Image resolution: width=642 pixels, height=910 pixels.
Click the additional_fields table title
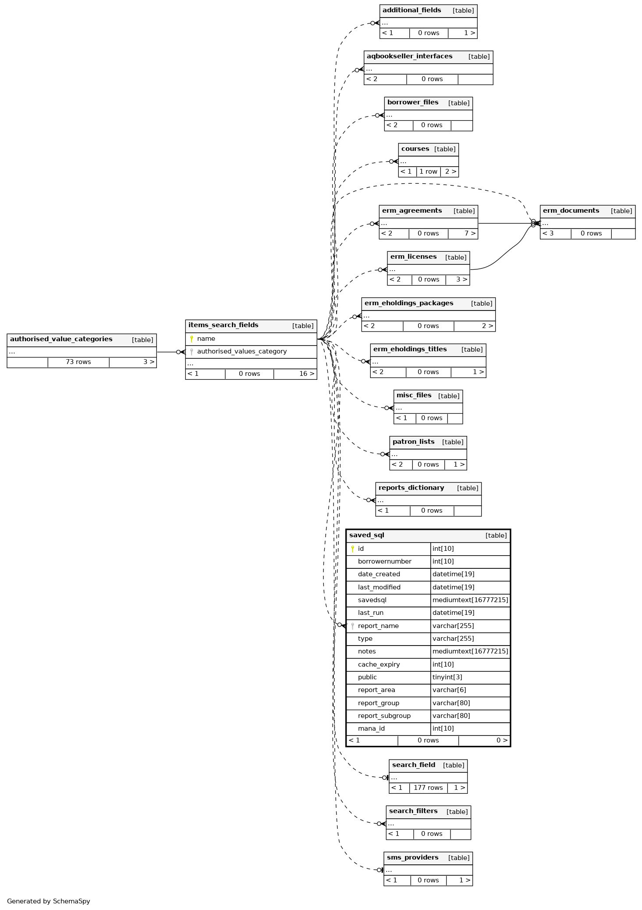(411, 10)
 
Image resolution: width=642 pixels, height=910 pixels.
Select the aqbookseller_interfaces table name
(409, 56)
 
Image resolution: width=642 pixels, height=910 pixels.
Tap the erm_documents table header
(571, 211)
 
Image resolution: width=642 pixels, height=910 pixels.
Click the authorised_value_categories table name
(61, 339)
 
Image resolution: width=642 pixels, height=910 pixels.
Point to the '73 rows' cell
(78, 362)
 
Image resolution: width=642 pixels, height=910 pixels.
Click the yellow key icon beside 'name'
(192, 339)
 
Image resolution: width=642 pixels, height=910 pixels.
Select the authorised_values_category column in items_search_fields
(241, 351)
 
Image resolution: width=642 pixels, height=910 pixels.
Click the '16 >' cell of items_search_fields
(306, 374)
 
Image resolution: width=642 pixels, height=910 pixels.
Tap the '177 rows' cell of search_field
(428, 788)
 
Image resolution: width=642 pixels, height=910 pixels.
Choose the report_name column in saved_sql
(378, 626)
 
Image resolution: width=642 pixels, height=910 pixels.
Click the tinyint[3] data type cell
(447, 677)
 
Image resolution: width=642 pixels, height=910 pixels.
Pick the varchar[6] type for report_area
(449, 690)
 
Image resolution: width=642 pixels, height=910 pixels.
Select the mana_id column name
(371, 728)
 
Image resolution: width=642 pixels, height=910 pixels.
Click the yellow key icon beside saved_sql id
(352, 549)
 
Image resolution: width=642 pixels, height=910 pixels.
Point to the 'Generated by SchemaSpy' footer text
(48, 901)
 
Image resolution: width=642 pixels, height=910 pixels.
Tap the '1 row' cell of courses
(428, 171)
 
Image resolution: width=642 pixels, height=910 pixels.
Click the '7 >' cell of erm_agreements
(470, 233)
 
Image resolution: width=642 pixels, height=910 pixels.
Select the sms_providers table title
(412, 857)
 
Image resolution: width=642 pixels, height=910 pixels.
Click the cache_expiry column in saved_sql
(379, 664)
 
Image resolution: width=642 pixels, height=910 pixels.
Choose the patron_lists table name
(413, 442)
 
